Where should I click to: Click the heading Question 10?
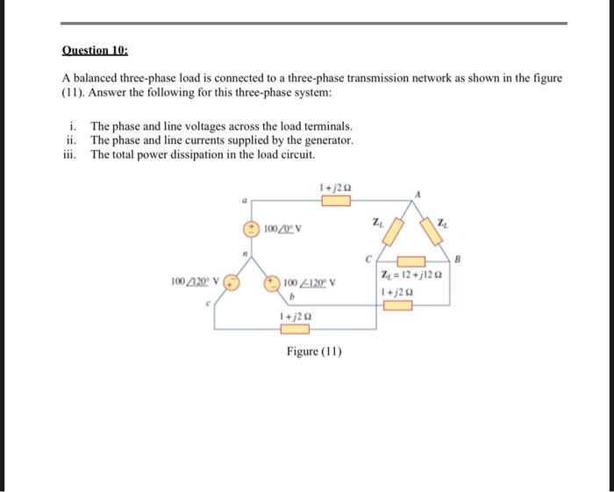pos(94,51)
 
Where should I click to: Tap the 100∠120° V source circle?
pos(231,283)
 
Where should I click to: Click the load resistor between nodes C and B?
pos(411,261)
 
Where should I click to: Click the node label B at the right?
pos(455,260)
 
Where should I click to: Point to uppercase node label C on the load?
pos(369,257)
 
